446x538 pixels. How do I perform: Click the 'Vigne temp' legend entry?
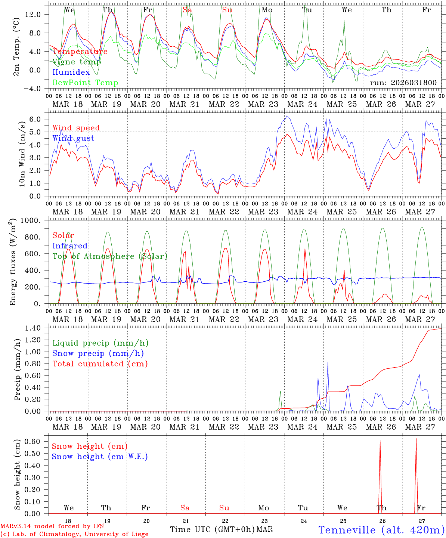tap(77, 62)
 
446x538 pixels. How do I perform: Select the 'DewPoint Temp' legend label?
tap(85, 83)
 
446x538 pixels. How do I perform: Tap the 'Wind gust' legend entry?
tap(73, 138)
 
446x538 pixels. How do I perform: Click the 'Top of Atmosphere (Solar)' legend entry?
tap(110, 256)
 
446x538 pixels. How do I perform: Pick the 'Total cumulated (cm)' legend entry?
tap(100, 364)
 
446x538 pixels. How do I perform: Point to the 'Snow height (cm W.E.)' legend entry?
tap(100, 457)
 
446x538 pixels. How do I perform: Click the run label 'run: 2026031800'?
tap(403, 83)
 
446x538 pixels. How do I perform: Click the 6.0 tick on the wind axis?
tap(39, 119)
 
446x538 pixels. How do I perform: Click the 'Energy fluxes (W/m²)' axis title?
tap(14, 262)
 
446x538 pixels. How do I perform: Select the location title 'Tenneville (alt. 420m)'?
tap(381, 530)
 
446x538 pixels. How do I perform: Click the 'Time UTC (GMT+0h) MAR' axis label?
tap(221, 529)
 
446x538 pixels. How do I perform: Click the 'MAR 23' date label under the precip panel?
tap(263, 427)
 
